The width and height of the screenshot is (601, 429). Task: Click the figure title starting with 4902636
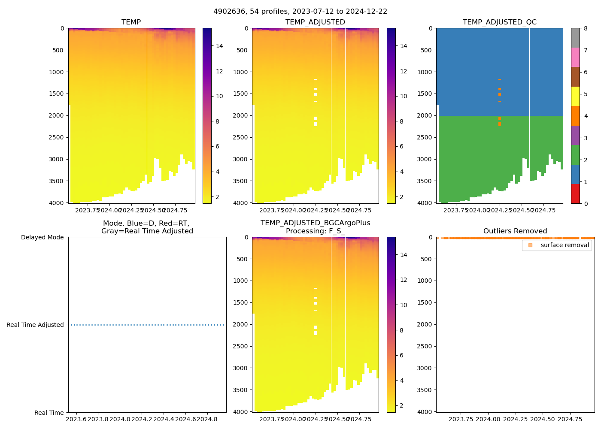(x=300, y=12)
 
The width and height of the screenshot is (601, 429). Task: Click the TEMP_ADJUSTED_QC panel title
(x=499, y=22)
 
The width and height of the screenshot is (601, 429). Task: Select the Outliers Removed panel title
(x=515, y=231)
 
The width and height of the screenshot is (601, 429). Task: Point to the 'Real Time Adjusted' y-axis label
(x=35, y=325)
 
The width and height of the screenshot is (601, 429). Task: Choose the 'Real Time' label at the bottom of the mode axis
(x=49, y=413)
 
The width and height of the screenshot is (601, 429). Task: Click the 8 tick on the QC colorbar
(x=586, y=28)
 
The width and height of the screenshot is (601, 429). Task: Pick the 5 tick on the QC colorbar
(x=586, y=94)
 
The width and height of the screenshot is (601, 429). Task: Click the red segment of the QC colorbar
(x=575, y=193)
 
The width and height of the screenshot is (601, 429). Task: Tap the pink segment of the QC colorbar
(x=575, y=57)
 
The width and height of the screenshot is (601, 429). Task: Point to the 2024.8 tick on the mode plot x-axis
(x=208, y=419)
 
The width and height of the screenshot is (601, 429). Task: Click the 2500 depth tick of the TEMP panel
(x=56, y=137)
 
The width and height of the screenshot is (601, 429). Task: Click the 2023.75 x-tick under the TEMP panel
(x=88, y=210)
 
